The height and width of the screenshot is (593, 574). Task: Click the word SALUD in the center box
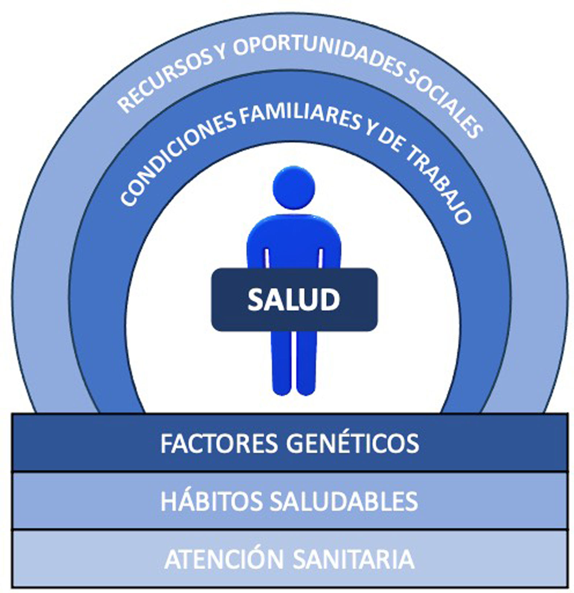[294, 300]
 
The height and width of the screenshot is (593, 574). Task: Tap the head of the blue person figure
[294, 188]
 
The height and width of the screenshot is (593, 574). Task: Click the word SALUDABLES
[344, 501]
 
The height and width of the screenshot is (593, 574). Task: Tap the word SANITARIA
[353, 559]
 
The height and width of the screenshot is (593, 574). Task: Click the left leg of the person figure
[281, 363]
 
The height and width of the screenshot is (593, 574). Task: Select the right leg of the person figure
[306, 363]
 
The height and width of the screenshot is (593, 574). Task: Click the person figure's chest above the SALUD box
[294, 239]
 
